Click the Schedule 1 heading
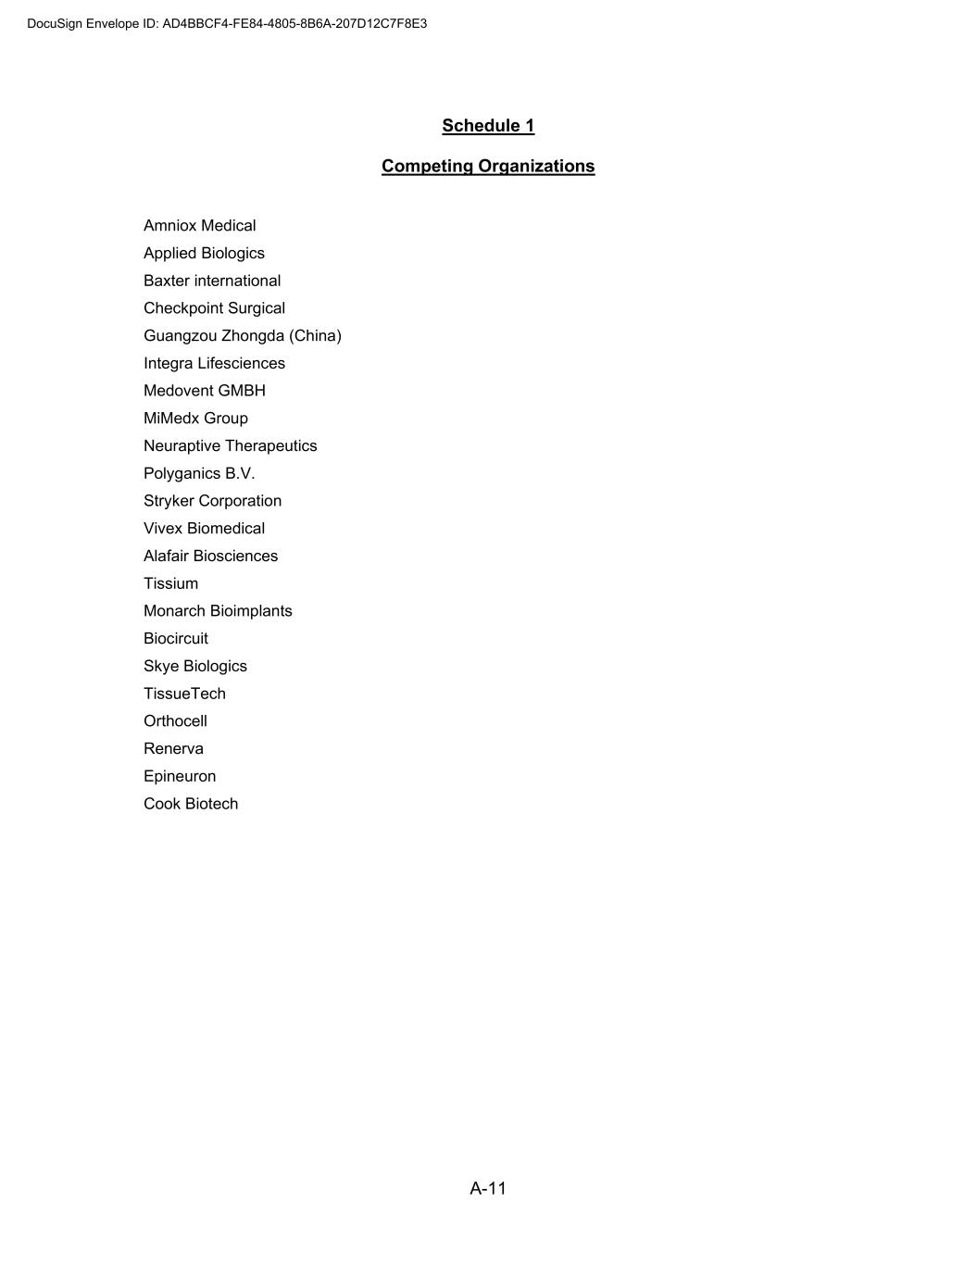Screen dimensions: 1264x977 [488, 126]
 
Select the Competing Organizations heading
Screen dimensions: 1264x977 [488, 167]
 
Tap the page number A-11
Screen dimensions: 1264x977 [488, 1189]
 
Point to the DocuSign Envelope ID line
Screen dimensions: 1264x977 [227, 24]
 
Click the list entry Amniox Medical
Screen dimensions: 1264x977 [199, 226]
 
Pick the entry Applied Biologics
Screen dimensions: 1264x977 [204, 254]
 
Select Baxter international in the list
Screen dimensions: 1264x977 [212, 281]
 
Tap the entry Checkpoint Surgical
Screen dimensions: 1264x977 [214, 308]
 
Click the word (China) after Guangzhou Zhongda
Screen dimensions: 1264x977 [315, 336]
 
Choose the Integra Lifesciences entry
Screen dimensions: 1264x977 [214, 364]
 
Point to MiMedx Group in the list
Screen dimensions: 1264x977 [195, 419]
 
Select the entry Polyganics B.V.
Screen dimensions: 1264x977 [199, 474]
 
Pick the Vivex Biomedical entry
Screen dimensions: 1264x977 [204, 529]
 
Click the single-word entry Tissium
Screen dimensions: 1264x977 [170, 584]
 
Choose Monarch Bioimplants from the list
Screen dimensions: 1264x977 [218, 611]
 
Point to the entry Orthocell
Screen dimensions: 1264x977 [175, 721]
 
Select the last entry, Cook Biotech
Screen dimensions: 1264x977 [191, 804]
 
